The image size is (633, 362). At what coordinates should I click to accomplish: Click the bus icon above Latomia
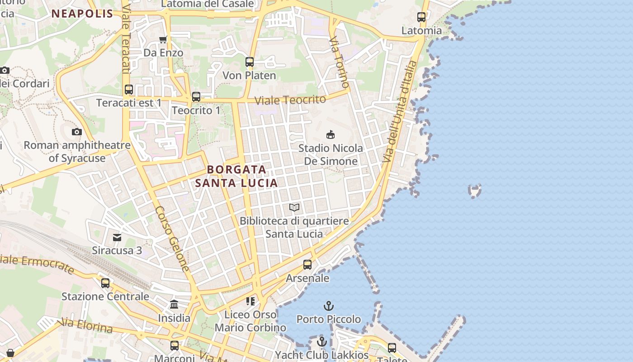[421, 17]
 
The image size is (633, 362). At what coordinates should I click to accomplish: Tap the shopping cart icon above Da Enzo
[163, 39]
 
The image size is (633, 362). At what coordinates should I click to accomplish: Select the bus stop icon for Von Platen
[250, 62]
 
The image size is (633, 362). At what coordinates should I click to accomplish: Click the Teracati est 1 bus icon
[129, 89]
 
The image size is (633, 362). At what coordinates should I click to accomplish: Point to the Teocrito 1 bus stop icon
[196, 96]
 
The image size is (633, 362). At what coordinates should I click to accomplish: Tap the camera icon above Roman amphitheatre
[77, 132]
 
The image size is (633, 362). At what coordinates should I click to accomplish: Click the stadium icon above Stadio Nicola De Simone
[331, 134]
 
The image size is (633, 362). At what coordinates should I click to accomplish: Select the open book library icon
[294, 207]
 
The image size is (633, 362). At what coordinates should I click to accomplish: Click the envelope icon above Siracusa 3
[117, 237]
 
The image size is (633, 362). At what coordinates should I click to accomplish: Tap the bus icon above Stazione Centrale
[105, 283]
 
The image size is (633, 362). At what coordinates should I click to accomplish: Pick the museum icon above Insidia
[174, 304]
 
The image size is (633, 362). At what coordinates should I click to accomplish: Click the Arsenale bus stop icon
[307, 264]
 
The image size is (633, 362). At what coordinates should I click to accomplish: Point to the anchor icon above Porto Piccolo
[329, 306]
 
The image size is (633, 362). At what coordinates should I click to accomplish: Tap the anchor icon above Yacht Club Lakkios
[322, 342]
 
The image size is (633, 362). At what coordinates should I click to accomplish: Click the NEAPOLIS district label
[82, 14]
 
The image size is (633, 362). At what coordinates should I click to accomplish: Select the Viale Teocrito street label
[290, 100]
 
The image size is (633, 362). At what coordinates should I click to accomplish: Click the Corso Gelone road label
[172, 238]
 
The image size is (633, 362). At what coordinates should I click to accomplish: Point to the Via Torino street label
[340, 62]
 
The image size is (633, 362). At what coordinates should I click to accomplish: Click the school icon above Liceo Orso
[250, 301]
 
